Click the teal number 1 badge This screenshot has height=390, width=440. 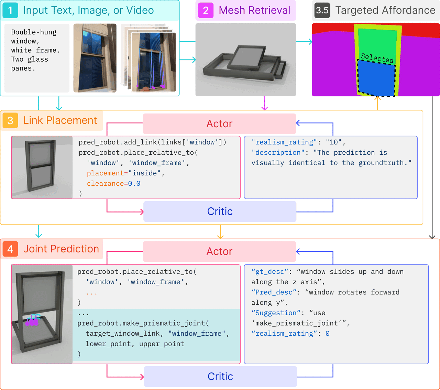click(x=10, y=10)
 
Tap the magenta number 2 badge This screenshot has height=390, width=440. click(x=206, y=10)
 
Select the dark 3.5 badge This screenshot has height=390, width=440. click(x=322, y=10)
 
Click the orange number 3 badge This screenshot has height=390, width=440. click(x=10, y=120)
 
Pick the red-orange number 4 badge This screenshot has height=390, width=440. click(x=10, y=249)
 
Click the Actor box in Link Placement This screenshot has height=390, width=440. click(x=219, y=123)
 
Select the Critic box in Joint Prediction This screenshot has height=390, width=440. click(x=220, y=377)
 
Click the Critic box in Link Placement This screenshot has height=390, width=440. click(x=220, y=212)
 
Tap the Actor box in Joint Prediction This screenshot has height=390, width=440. click(x=219, y=251)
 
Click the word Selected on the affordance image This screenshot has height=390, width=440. click(x=377, y=58)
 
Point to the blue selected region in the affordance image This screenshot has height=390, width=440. click(x=376, y=78)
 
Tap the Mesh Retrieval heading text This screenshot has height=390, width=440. click(x=254, y=10)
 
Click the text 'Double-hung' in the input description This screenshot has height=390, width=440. click(x=34, y=32)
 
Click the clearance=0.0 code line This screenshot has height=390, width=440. click(x=113, y=184)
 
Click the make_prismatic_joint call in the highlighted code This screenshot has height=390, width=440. click(x=143, y=323)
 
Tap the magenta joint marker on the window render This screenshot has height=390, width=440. click(x=32, y=321)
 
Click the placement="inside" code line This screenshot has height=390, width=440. click(x=125, y=173)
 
